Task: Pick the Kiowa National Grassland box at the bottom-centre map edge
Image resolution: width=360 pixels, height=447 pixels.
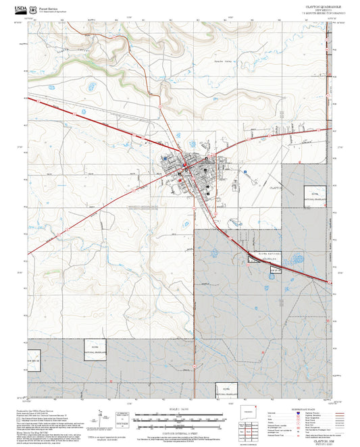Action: (226, 389)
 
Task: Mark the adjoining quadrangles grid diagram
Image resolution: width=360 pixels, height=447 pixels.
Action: (251, 432)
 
